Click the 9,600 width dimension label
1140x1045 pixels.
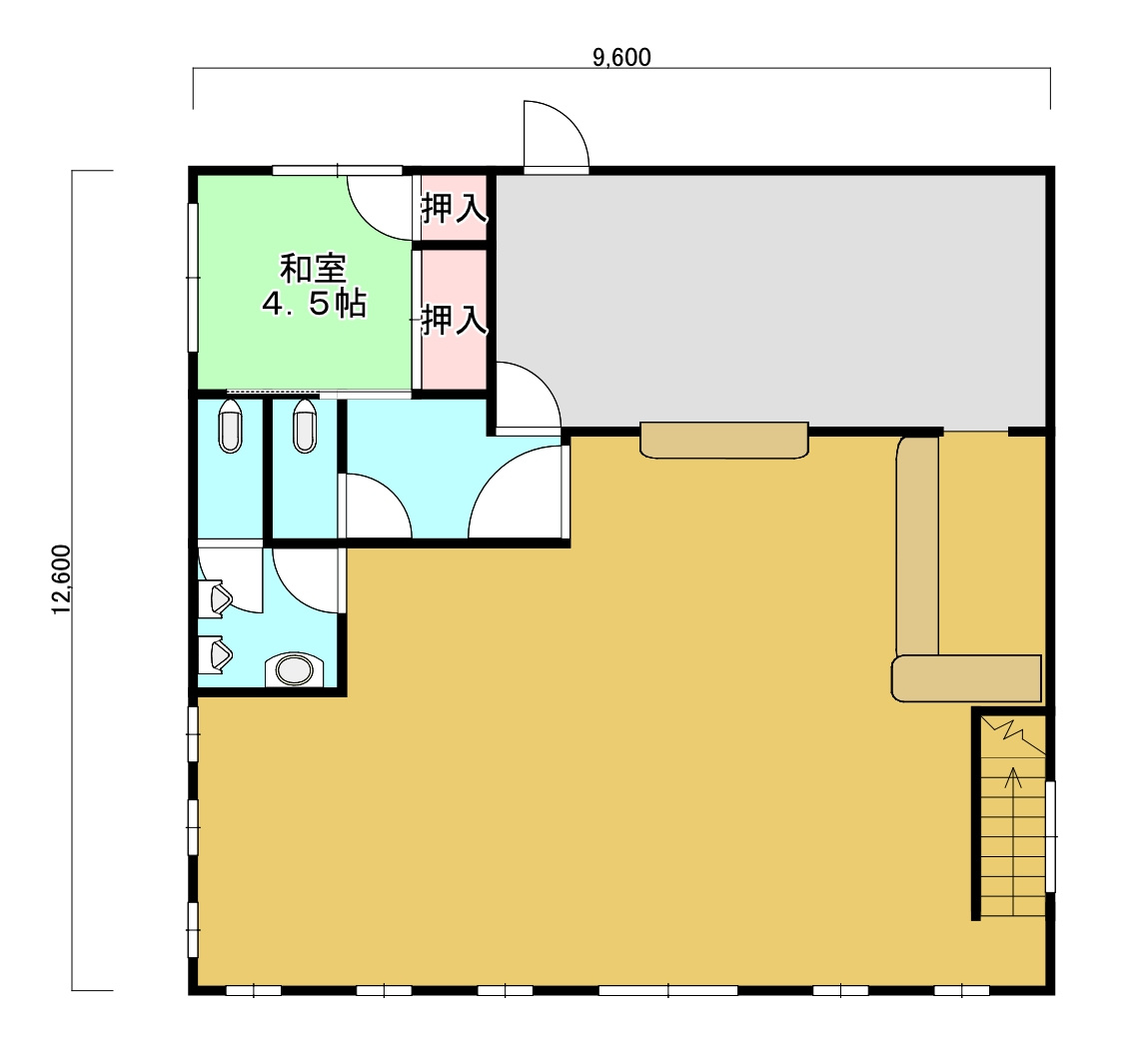pos(621,58)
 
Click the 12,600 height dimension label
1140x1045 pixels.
pos(62,579)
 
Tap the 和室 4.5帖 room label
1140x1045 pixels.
pos(314,286)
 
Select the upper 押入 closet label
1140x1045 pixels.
pos(454,208)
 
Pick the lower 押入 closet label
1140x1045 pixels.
pos(454,320)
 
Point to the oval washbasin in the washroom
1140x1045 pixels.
pos(294,669)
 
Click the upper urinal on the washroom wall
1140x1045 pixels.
pos(216,598)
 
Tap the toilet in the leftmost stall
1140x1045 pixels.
pos(231,427)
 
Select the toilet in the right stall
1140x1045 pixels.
pos(305,427)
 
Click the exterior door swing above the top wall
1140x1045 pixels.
pos(557,137)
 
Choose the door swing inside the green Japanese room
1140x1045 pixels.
pos(381,208)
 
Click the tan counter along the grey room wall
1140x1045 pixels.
pos(724,440)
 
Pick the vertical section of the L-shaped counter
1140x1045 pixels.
pos(917,545)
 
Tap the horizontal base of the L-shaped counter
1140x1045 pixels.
pos(966,677)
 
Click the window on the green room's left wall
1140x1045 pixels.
pos(194,278)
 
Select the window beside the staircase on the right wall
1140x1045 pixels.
pos(1050,836)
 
